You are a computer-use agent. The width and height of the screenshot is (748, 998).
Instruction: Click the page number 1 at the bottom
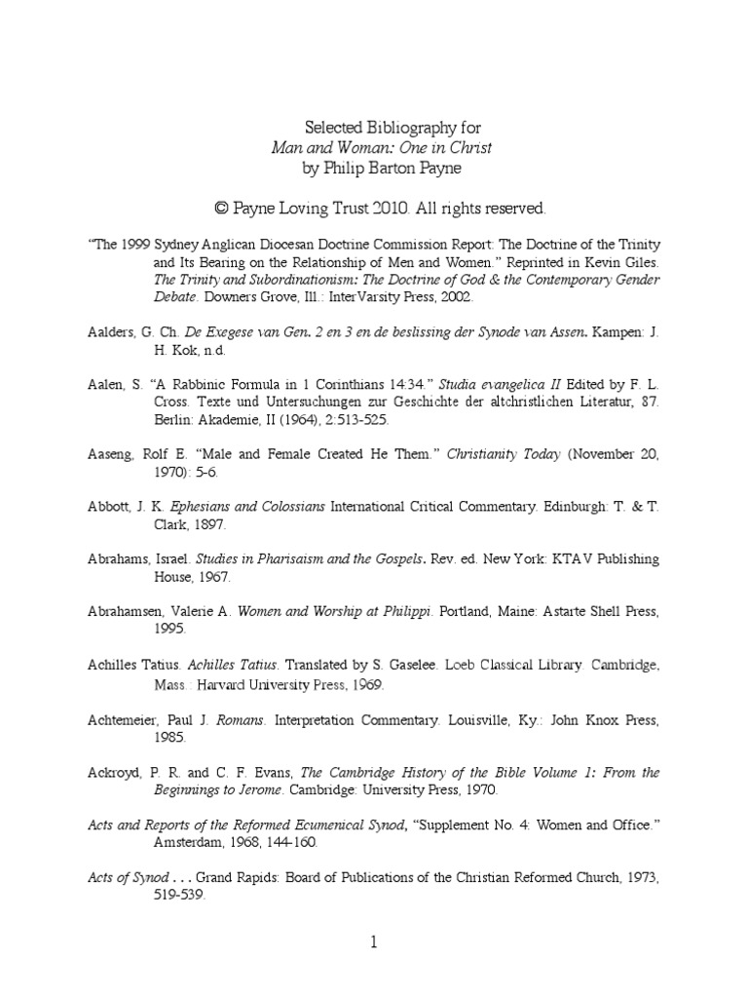pyautogui.click(x=373, y=941)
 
